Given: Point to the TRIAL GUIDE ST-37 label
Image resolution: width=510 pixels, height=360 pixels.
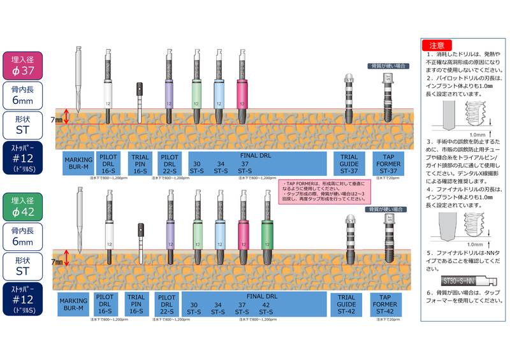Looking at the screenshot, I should coord(349,163).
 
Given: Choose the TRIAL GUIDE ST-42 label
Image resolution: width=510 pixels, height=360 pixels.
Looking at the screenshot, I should coord(349,305).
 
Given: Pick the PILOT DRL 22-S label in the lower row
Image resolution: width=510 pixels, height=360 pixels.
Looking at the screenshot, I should coord(167,305).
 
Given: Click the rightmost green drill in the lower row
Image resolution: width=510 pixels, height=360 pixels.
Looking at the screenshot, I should coord(267,229).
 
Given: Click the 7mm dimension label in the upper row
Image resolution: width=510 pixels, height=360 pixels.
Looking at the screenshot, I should coord(58,119).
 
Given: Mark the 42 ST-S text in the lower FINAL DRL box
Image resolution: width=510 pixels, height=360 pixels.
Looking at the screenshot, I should coord(266,309).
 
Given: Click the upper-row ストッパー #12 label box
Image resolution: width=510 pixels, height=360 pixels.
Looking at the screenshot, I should coord(24,159).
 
